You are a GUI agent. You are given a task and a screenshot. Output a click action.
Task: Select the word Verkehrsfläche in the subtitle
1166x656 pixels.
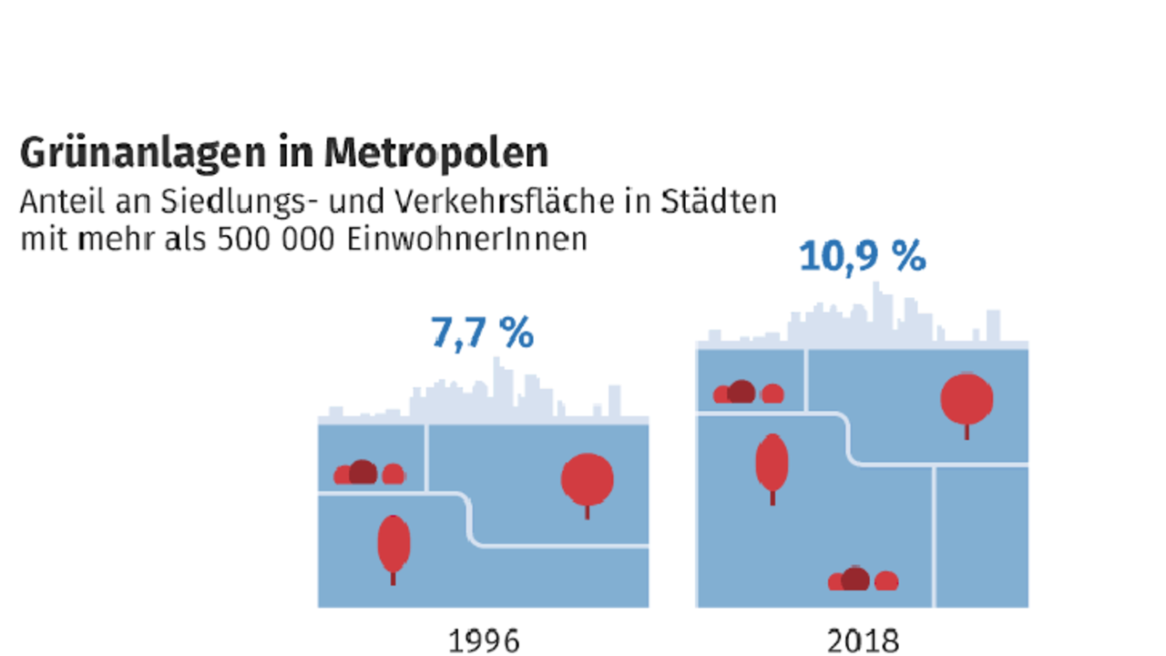504,201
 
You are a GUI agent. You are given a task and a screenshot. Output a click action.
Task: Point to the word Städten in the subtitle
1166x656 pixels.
719,201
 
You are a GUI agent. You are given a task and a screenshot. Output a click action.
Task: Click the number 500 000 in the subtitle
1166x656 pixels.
276,240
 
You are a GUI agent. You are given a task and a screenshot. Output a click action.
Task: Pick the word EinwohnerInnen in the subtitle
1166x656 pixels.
467,240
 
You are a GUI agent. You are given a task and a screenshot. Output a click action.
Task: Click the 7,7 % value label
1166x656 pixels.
483,333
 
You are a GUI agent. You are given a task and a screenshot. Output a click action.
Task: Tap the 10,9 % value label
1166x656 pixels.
863,256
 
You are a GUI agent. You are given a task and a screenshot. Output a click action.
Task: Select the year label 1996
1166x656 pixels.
484,641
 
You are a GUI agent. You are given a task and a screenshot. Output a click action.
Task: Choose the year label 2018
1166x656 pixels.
863,641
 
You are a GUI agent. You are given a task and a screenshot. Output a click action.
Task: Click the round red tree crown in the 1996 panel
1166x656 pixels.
588,479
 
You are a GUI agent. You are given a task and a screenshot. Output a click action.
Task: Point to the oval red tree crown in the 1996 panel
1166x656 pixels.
394,544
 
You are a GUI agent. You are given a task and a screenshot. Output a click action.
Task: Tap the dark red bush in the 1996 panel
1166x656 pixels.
363,472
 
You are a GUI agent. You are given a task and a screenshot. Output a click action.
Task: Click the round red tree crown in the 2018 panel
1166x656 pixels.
967,399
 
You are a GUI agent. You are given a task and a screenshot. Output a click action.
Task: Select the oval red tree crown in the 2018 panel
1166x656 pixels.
772,463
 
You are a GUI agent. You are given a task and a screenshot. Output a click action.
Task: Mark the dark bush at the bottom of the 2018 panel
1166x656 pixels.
855,579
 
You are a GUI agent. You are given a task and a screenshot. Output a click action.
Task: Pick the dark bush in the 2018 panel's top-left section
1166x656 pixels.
742,392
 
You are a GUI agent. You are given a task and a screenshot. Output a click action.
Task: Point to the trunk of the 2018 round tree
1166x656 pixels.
967,432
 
